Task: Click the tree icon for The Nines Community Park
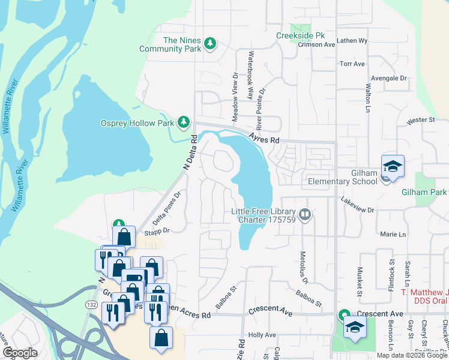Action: click(209, 43)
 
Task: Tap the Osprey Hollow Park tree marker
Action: click(184, 123)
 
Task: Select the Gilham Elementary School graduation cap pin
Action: click(393, 167)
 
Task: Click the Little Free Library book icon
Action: click(305, 214)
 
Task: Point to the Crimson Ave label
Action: click(321, 44)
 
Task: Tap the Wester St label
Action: click(420, 120)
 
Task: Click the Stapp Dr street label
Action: click(159, 230)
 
